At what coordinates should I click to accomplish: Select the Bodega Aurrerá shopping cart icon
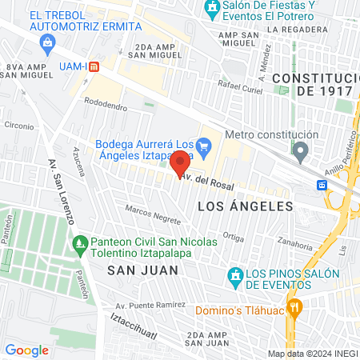(x=203, y=145)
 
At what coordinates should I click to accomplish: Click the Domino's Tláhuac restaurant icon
(x=294, y=306)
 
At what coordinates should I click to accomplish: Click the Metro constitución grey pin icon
(x=300, y=150)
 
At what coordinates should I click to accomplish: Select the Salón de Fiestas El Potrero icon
(x=211, y=10)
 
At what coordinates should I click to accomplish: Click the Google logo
(x=26, y=350)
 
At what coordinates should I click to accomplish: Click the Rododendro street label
(x=106, y=104)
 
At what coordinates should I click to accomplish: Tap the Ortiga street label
(x=233, y=236)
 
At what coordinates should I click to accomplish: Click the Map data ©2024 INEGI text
(x=311, y=354)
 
